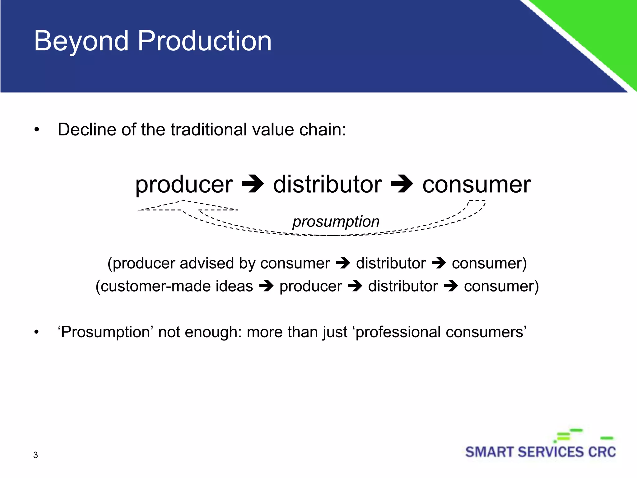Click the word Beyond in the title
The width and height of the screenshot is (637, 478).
click(81, 41)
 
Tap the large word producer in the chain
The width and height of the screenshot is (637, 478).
click(184, 185)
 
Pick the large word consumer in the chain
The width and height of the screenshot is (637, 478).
click(476, 185)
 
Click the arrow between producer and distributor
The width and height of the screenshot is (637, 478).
click(253, 184)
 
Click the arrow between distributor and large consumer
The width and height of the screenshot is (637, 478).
click(402, 184)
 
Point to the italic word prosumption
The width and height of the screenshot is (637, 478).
click(336, 221)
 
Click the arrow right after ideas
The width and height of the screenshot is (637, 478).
click(266, 286)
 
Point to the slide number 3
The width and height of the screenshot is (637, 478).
click(35, 455)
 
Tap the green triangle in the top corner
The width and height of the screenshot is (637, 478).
click(600, 28)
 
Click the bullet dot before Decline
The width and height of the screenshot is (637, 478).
click(37, 130)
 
